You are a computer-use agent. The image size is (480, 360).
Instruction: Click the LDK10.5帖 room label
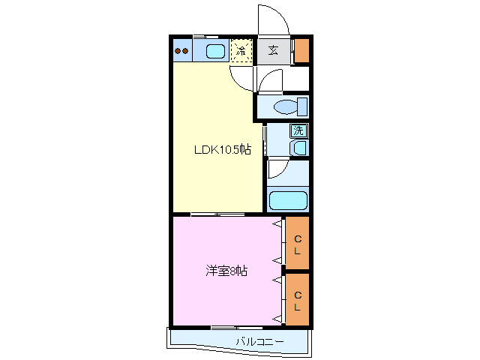click(x=222, y=150)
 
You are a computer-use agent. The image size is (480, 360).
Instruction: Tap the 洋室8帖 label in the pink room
click(x=226, y=271)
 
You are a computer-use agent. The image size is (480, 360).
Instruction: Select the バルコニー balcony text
click(x=259, y=342)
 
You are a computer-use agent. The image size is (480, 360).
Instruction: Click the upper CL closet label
click(x=298, y=244)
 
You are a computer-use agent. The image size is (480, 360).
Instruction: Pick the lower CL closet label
click(x=298, y=301)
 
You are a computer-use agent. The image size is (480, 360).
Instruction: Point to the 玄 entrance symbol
click(x=274, y=51)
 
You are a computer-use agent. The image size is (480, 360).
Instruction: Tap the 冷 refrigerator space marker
click(x=241, y=52)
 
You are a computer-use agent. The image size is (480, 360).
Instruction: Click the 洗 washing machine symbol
click(x=298, y=130)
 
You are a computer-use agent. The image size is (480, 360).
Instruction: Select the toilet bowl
click(x=285, y=106)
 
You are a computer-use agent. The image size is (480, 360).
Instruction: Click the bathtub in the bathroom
click(x=288, y=201)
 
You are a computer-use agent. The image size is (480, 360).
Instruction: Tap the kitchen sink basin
click(x=215, y=52)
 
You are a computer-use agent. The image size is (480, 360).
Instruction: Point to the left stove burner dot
click(x=178, y=52)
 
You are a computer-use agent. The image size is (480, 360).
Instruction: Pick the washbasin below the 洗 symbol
click(x=299, y=147)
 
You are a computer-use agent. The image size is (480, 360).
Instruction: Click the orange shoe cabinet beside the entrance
click(x=301, y=50)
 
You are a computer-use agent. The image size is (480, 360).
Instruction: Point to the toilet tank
click(x=302, y=106)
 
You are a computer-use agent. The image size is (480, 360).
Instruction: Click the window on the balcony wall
click(x=226, y=328)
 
